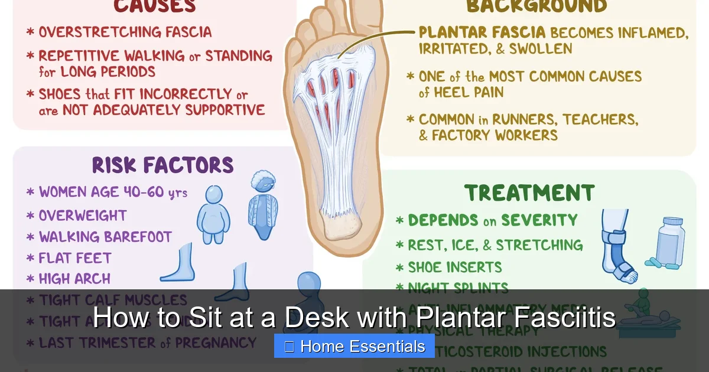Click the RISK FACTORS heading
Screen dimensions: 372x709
pos(162,166)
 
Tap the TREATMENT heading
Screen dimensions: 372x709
pos(529,193)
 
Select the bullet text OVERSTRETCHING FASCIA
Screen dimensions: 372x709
pos(125,32)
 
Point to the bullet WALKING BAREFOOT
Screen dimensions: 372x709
pos(105,237)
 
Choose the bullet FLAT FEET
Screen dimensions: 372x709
pos(75,258)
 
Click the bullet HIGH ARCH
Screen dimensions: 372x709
pos(74,279)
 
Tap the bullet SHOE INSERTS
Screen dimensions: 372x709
pos(454,267)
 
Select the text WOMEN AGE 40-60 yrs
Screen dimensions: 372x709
pos(113,192)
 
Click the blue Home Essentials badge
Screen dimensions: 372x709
pos(354,347)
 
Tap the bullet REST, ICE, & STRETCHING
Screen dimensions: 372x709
pos(495,245)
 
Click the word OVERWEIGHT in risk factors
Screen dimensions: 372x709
pos(83,216)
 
